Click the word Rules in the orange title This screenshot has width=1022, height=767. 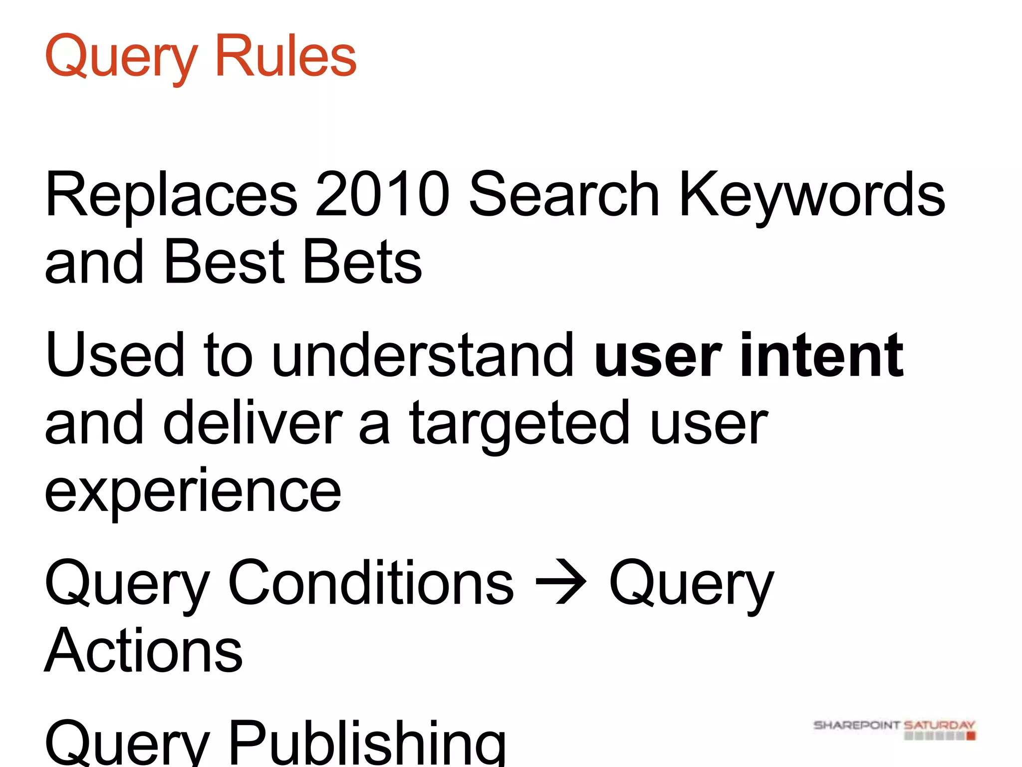click(285, 56)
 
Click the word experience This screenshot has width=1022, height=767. click(193, 492)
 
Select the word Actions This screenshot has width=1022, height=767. click(144, 650)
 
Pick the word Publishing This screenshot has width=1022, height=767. click(367, 742)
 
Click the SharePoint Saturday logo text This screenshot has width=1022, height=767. click(893, 725)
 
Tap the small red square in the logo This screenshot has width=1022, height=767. click(971, 736)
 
